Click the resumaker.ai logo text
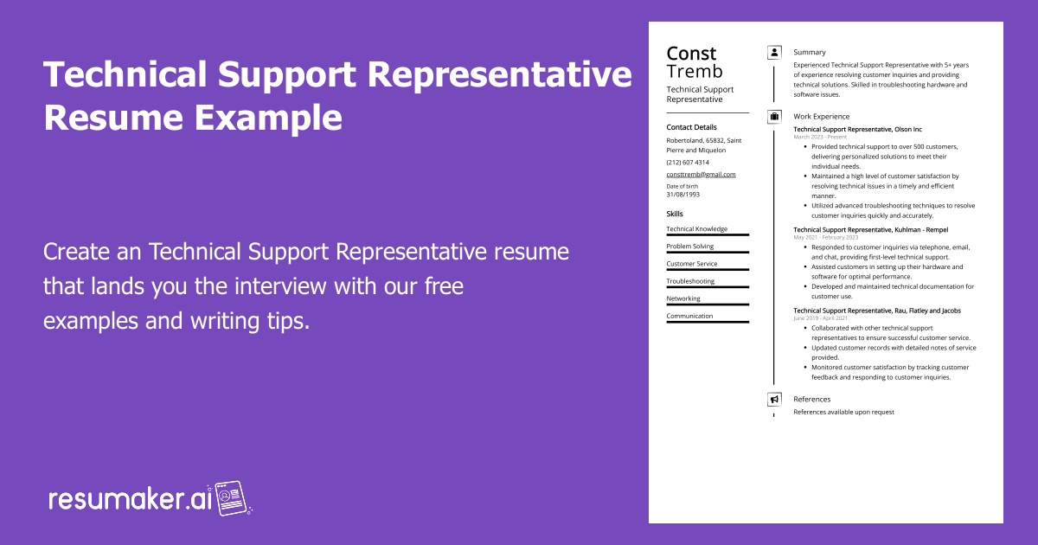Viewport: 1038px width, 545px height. click(x=130, y=500)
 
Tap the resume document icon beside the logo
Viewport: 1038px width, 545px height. click(x=232, y=498)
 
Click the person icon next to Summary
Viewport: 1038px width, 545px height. click(x=774, y=53)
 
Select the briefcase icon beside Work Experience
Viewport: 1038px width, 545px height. click(x=774, y=116)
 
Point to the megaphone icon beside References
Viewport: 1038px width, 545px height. click(x=774, y=399)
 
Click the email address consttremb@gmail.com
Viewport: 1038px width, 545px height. click(x=701, y=174)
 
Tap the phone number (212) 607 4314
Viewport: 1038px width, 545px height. click(x=688, y=163)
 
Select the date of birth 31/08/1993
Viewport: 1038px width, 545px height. click(x=683, y=195)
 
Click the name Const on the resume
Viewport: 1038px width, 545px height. click(x=691, y=54)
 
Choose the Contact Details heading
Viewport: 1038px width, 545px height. click(x=691, y=127)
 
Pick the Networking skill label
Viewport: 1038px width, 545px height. click(x=683, y=298)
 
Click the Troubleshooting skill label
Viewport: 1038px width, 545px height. click(x=690, y=281)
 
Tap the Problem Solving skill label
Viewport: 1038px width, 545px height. click(x=690, y=246)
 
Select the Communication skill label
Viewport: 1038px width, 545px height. click(x=689, y=316)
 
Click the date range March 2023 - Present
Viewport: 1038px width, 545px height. click(x=820, y=137)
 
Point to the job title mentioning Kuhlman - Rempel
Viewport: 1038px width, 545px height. click(x=871, y=229)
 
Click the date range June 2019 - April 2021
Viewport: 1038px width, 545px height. click(x=820, y=318)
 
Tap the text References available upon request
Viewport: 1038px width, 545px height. click(x=844, y=412)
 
